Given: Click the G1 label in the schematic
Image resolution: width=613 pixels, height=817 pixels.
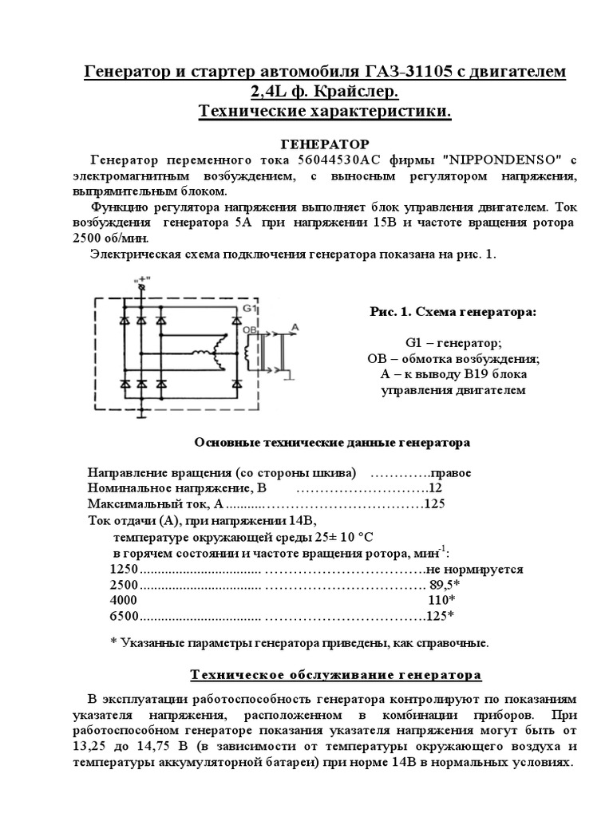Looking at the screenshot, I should tap(247, 307).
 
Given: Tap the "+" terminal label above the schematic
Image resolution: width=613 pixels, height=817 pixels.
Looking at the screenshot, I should tap(144, 279).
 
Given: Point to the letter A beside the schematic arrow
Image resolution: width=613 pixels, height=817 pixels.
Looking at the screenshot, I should tap(295, 327).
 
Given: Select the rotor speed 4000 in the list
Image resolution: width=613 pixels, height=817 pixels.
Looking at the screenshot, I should tap(123, 600).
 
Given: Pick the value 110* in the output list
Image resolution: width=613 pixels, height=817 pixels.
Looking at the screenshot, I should tap(441, 600).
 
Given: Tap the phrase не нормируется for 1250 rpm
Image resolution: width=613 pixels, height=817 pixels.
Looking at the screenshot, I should tap(474, 570).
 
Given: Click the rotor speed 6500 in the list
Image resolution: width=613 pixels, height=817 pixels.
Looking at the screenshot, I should tap(123, 615).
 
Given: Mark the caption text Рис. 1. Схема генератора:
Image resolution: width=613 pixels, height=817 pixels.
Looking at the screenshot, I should tap(453, 312).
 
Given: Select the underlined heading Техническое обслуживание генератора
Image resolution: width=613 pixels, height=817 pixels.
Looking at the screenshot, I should tap(335, 676).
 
